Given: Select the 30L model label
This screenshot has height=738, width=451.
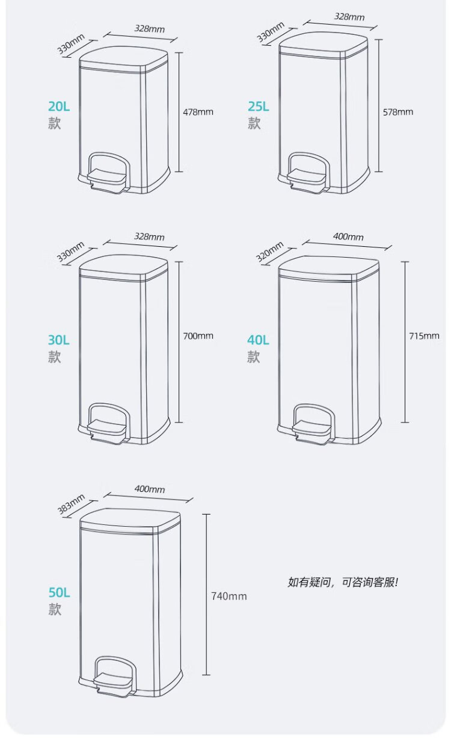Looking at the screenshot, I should point(59,340).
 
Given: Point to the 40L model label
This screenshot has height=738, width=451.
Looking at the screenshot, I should point(258,340).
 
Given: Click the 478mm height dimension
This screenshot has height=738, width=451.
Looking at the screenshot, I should point(198,111).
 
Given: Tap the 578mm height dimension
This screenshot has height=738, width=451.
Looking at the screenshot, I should point(398,111).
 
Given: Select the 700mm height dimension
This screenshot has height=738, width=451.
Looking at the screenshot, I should point(198,336).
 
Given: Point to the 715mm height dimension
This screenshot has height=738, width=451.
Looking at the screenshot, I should point(424,336).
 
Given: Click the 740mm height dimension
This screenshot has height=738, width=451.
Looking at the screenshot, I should point(229,597).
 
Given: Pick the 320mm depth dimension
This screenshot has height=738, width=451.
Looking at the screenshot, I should point(269,252).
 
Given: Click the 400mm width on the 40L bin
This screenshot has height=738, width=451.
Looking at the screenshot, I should point(348,237).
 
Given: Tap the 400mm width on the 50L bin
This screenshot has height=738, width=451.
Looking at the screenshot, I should point(150,489).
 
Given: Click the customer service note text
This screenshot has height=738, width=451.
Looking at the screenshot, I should point(343,582).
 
